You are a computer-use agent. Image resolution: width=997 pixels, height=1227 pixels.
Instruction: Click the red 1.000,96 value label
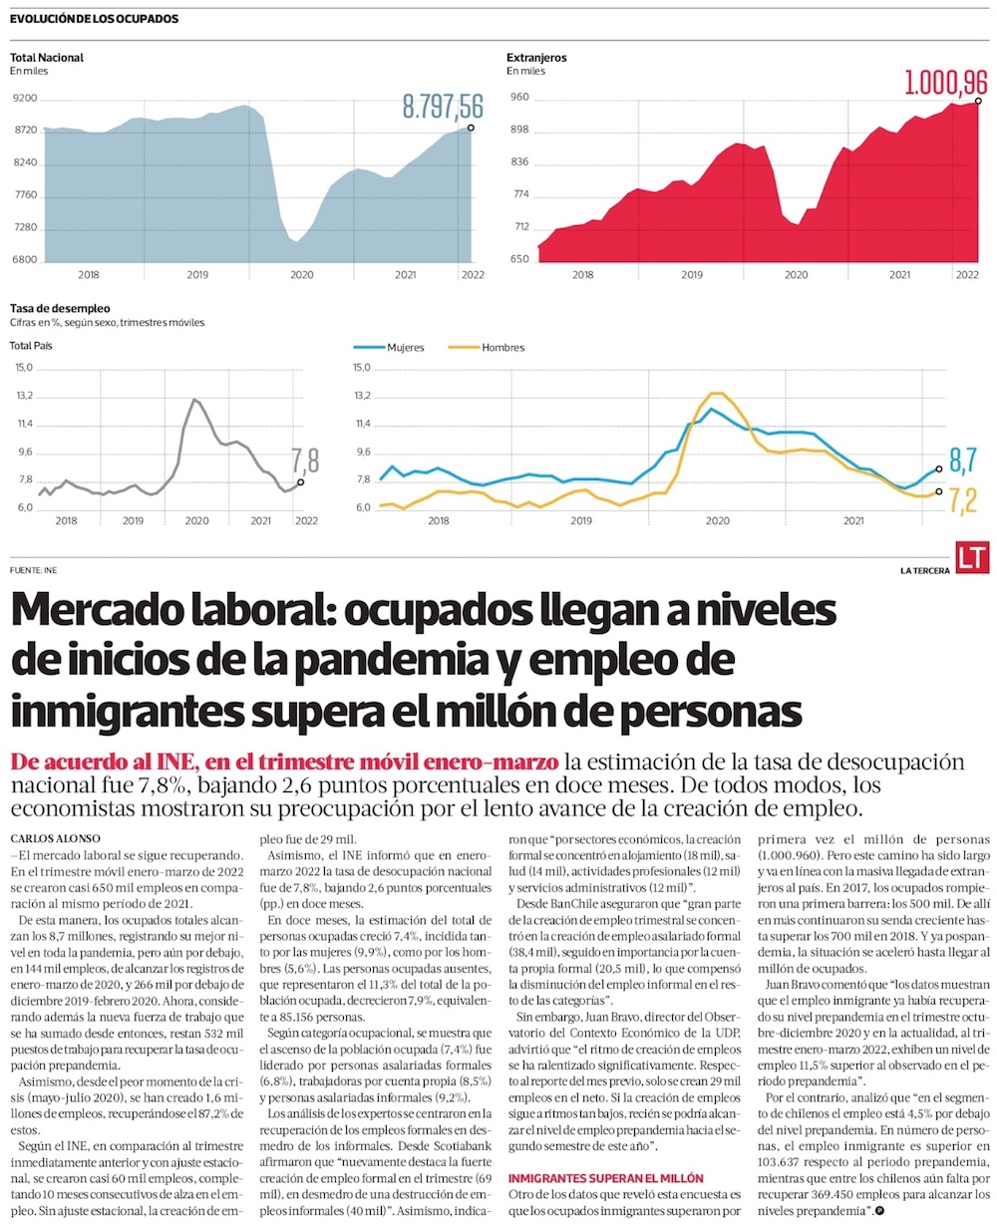(946, 82)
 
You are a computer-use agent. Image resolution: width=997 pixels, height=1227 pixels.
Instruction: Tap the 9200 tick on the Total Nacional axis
(25, 99)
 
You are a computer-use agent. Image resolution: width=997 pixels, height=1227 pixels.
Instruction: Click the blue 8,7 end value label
(962, 460)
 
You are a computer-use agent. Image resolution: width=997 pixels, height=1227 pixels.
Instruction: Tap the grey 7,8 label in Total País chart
(305, 460)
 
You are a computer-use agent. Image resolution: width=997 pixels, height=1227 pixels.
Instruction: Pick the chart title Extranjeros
(536, 58)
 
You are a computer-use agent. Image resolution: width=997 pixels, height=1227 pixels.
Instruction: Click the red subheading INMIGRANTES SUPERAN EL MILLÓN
(606, 1178)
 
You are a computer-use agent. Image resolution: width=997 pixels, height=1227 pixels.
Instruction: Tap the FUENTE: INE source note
(32, 569)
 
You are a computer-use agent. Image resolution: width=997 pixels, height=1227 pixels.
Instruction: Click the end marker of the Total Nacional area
(471, 128)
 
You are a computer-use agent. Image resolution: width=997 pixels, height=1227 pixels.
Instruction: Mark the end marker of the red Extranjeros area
(979, 101)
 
